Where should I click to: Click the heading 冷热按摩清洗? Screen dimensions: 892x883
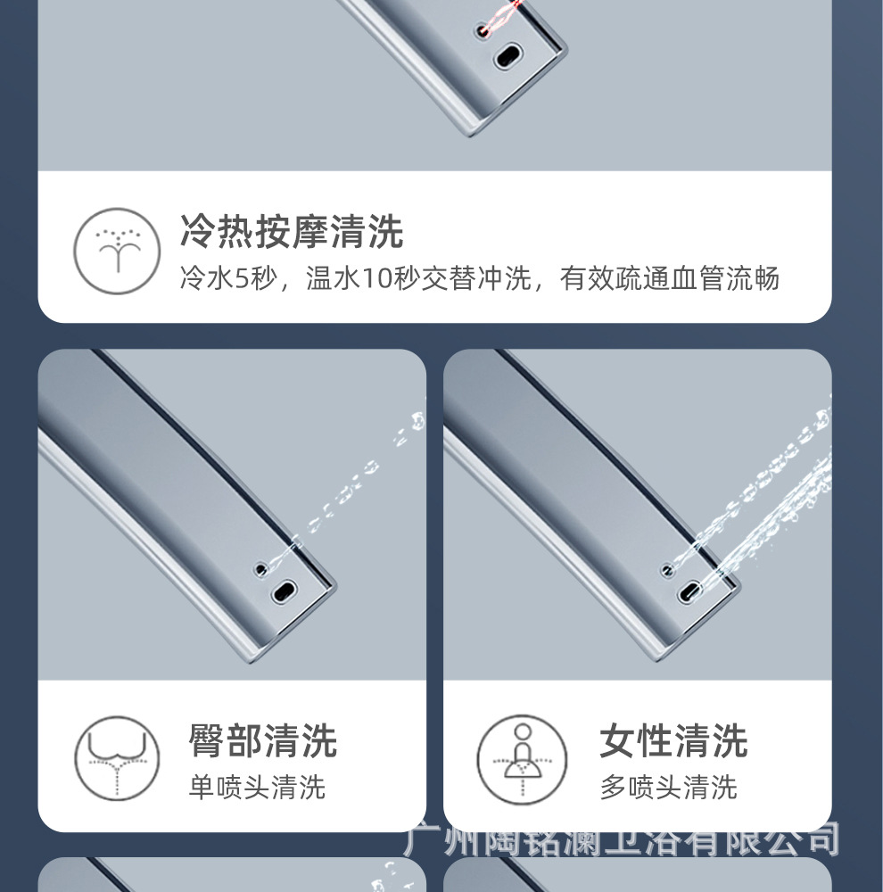pos(292,232)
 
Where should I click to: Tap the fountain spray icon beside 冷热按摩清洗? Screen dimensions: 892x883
pos(117,251)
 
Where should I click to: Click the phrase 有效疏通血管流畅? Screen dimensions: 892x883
pos(670,279)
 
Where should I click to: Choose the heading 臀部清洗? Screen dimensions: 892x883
pos(262,741)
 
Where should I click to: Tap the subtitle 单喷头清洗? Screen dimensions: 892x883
pos(257,788)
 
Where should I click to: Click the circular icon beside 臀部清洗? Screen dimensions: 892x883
pos(117,758)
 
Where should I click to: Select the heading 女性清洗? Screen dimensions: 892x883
pos(673,741)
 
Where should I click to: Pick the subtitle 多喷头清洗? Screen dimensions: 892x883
pos(668,788)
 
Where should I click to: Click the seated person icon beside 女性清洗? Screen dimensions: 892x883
pos(522,758)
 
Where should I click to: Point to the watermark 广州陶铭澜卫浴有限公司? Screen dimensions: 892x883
pos(622,839)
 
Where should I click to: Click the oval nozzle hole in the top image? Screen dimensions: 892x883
pos(509,55)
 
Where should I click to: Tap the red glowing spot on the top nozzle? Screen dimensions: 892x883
pos(484,29)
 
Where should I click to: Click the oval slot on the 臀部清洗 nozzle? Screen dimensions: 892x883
pos(285,590)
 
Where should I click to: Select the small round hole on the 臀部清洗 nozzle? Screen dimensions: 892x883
pos(261,567)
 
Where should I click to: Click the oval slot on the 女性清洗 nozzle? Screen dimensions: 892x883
pos(689,591)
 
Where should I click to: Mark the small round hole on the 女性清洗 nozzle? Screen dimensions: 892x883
pos(666,568)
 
